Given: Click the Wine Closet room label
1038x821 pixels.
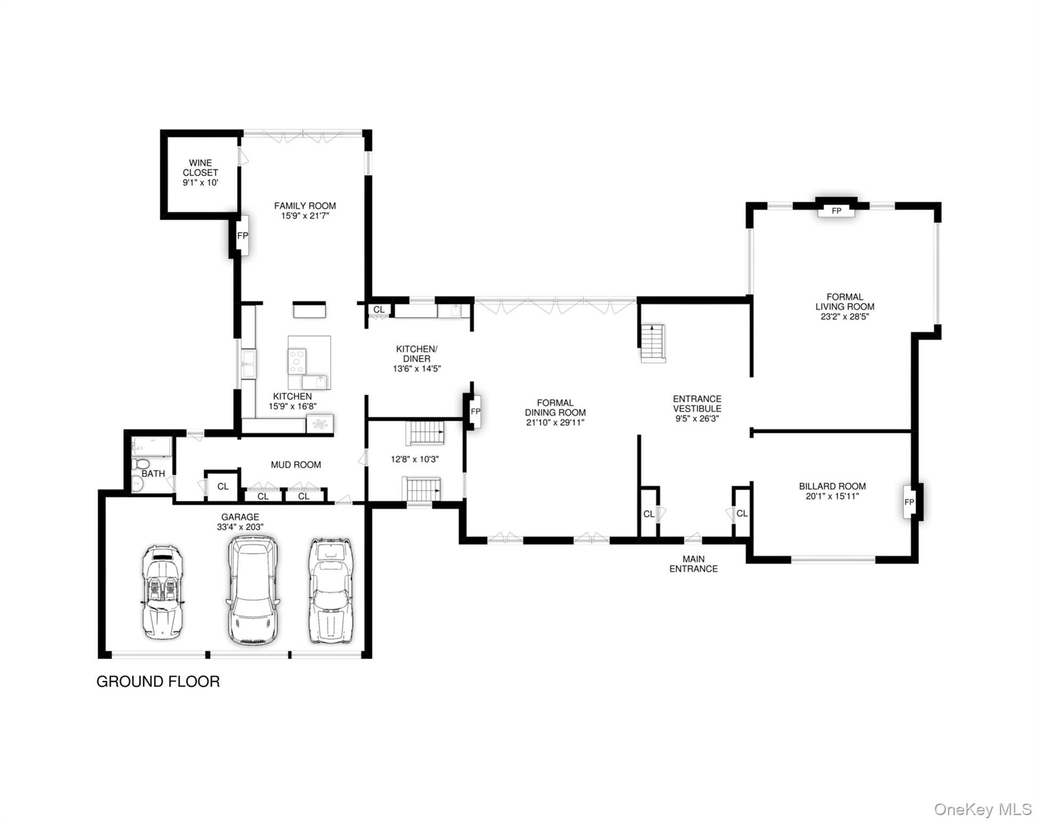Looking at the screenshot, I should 200,167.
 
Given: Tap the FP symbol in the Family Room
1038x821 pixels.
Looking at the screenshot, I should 243,236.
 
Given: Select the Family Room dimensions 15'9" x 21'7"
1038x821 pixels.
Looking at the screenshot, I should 305,216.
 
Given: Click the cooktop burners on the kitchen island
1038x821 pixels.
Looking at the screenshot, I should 297,361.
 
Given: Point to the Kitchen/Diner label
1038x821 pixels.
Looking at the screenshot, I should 416,353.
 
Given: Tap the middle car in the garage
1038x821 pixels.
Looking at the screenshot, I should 253,590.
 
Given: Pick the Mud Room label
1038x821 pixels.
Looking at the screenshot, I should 295,465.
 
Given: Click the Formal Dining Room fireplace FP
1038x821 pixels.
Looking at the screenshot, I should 475,412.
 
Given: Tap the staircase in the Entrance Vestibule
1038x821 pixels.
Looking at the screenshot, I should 653,344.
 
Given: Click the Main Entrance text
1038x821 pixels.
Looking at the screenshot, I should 693,564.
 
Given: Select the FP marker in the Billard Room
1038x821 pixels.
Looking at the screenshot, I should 909,502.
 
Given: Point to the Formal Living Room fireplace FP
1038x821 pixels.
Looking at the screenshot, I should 837,211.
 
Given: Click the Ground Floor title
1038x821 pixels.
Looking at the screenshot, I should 158,681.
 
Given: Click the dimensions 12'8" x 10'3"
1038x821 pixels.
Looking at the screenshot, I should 415,459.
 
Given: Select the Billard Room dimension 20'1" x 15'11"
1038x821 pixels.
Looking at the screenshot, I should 832,496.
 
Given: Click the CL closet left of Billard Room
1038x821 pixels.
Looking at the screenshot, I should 742,514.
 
